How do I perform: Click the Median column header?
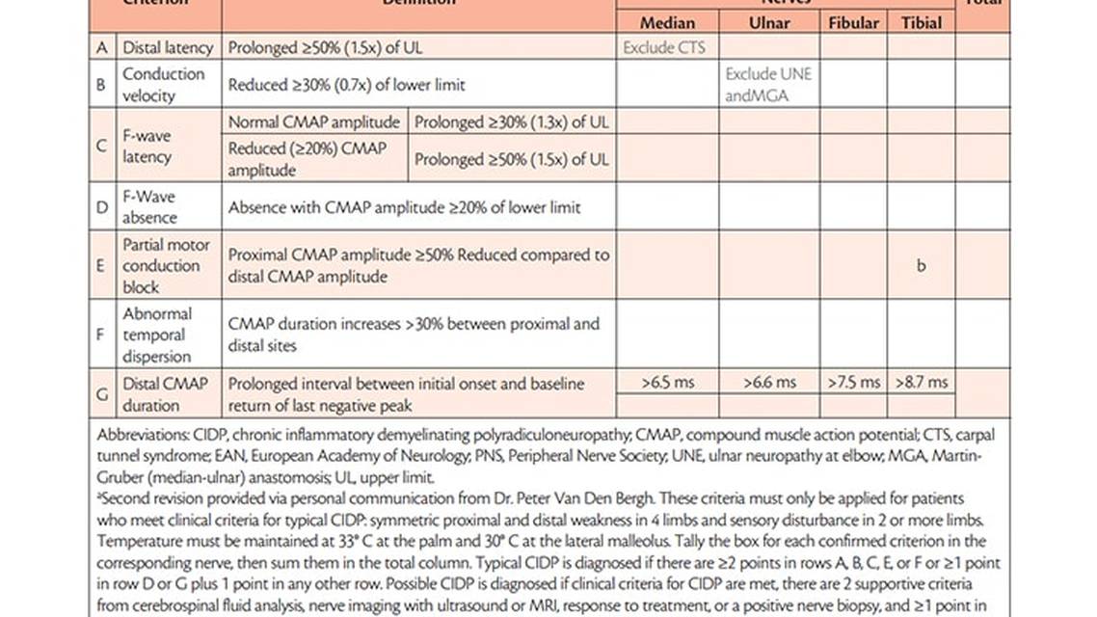[667, 22]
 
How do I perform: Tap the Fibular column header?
[853, 22]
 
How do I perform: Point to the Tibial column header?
[921, 22]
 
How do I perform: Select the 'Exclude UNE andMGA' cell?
[768, 84]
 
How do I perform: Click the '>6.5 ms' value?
[667, 382]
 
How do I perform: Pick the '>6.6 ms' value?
[769, 382]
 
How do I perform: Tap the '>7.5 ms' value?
[853, 382]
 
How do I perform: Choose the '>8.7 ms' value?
[921, 382]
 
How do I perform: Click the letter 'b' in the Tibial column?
[921, 266]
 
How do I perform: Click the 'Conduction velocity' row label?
[163, 84]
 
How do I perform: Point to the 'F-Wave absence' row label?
[148, 206]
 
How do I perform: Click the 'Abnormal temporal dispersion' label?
[157, 335]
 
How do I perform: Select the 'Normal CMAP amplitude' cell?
[313, 121]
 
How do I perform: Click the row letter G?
[101, 393]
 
